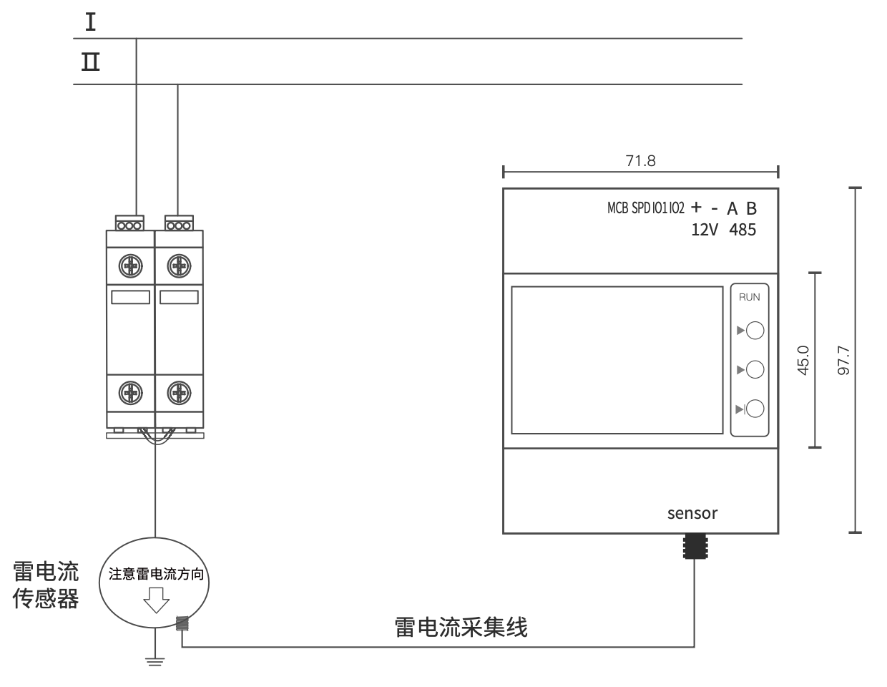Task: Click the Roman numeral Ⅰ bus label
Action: pos(91,23)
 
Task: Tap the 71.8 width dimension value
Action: pos(640,161)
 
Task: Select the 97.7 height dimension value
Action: pos(843,360)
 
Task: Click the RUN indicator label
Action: pos(749,297)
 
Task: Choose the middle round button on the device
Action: pos(755,369)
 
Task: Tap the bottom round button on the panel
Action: pos(755,409)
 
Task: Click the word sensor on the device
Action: pos(692,513)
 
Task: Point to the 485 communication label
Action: pos(743,230)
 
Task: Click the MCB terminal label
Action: pos(617,208)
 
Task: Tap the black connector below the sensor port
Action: pos(695,546)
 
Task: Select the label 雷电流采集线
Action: pos(461,628)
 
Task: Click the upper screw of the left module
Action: pos(130,267)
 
